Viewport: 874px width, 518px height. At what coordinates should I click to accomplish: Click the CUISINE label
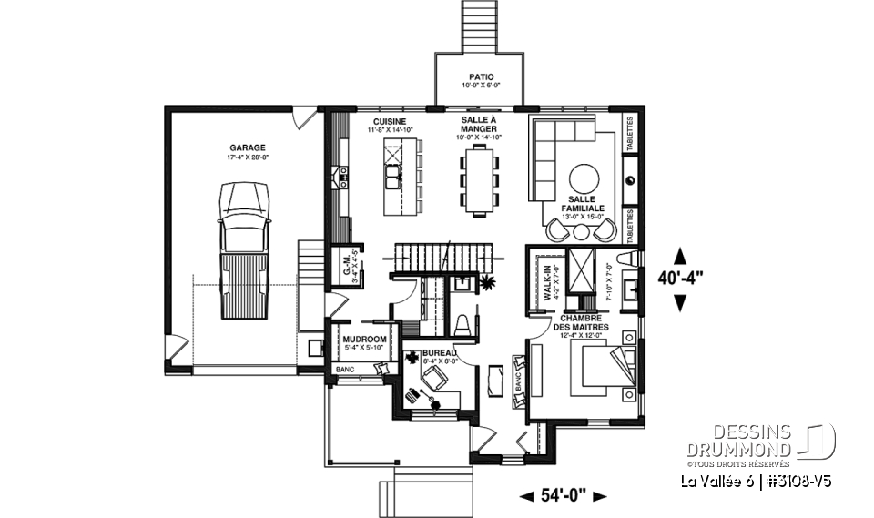[x=389, y=122]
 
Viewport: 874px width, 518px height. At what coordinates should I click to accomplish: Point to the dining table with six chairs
[x=479, y=179]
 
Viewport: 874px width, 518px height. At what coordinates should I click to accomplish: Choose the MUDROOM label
[x=365, y=339]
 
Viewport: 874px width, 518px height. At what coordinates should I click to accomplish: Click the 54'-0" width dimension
[x=563, y=495]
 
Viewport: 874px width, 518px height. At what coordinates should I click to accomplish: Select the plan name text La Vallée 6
[x=716, y=481]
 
